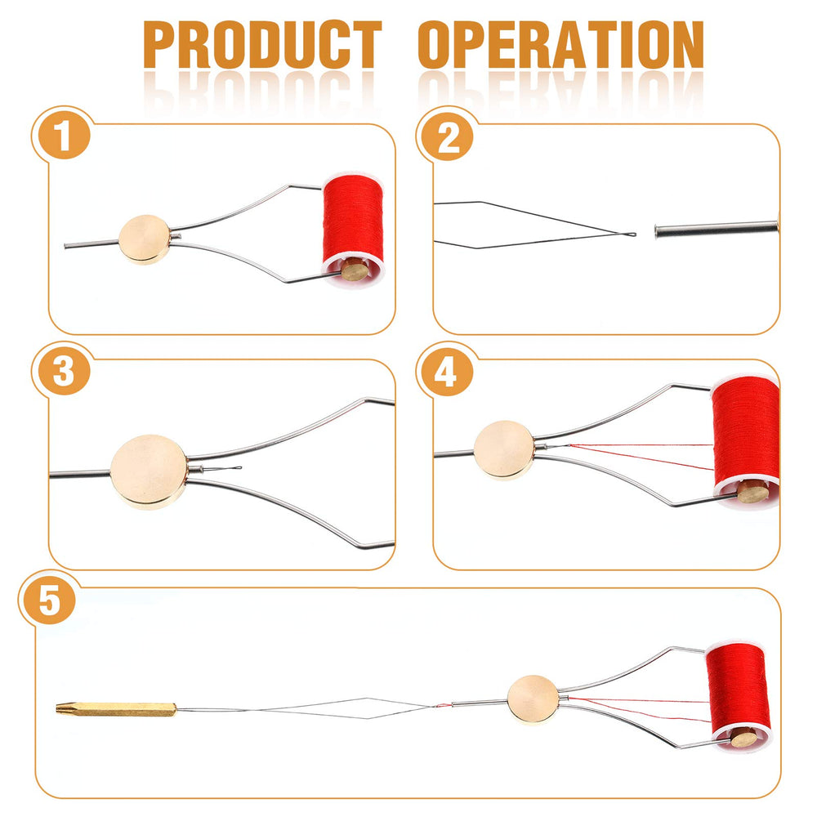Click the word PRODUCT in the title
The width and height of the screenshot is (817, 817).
pos(263,45)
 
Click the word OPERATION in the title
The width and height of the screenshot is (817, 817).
pos(560,45)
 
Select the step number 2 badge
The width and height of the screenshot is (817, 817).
pos(448,136)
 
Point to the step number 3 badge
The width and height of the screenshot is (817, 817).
pos(63,373)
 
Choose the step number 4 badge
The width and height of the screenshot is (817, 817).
pos(445,373)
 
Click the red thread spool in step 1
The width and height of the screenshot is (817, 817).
pos(353,217)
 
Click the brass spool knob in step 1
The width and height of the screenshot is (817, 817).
pos(354,270)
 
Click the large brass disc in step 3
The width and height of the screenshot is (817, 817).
pos(149,471)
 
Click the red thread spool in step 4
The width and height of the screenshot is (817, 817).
pos(743,433)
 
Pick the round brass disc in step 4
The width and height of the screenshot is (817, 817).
pos(504,449)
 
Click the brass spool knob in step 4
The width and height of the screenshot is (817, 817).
pos(752,492)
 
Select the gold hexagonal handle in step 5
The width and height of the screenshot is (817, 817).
pos(114,708)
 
